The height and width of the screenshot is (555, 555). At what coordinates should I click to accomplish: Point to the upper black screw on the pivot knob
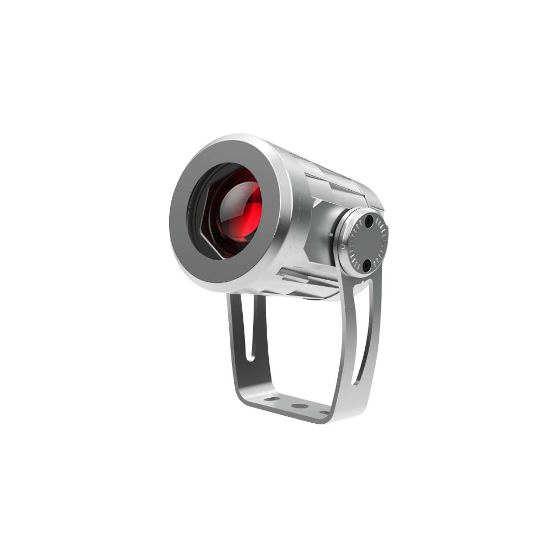[369, 222]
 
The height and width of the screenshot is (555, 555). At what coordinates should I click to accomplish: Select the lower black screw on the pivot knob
[367, 265]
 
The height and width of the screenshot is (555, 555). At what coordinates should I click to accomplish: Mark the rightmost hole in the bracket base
[324, 412]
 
